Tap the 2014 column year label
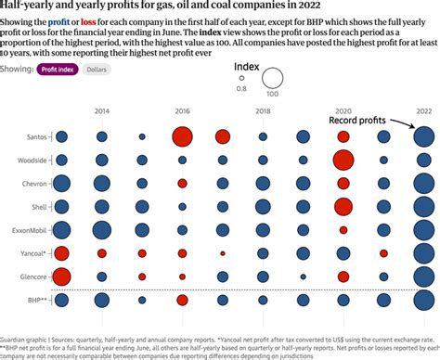tap(102, 110)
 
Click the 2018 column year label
tap(263, 110)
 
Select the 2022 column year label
tap(423, 110)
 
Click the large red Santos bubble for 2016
tap(183, 137)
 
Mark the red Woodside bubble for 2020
tap(343, 160)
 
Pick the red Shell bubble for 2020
tap(343, 206)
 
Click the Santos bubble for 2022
tap(423, 137)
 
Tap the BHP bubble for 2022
tap(423, 300)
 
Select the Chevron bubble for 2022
tap(423, 184)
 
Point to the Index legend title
tap(246, 66)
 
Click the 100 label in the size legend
tap(272, 93)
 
